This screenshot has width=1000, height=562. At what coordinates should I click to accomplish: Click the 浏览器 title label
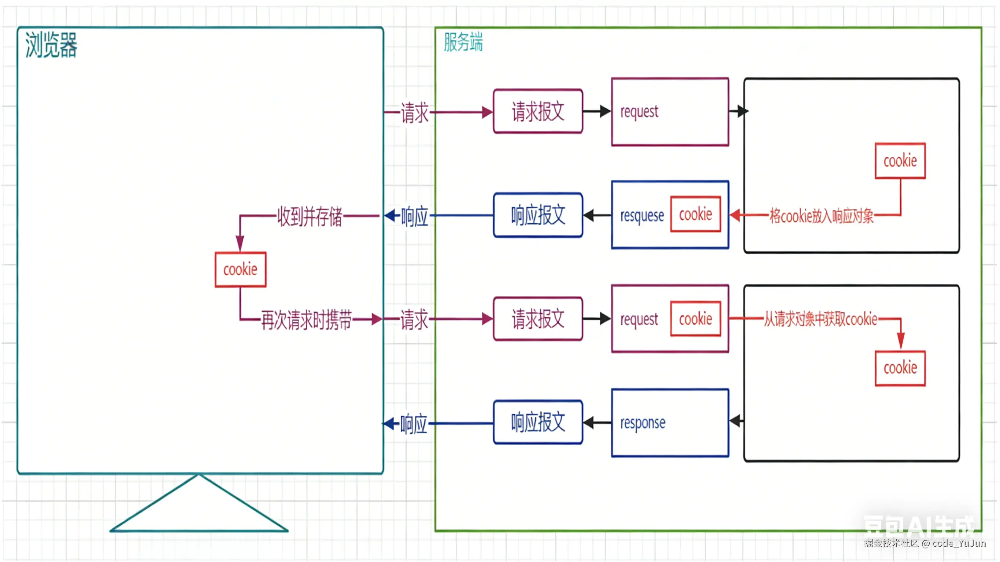pos(51,45)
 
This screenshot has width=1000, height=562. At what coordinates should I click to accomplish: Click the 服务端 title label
pos(463,42)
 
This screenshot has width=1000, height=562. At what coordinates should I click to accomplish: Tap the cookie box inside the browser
pos(240,269)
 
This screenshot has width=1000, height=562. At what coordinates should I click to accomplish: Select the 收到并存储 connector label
pos(310,216)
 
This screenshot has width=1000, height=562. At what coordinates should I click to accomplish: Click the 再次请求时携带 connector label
pos(306,320)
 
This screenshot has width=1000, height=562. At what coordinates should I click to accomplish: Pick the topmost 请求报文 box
pos(538,111)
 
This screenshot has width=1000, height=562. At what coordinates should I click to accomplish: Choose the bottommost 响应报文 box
pos(538,422)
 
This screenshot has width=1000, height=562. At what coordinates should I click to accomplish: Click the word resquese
pos(642,216)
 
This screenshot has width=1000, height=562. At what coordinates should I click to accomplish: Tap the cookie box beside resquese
pos(695,214)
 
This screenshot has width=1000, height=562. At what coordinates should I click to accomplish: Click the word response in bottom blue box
pos(642,423)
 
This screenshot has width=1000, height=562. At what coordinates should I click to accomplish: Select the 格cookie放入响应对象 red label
pos(821,216)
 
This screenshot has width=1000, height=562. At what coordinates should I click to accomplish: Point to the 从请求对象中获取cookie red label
pos(820,319)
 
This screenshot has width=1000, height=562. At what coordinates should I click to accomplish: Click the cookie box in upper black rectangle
pos(900,161)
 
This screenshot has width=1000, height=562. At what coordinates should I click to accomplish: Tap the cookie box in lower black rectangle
pos(900,368)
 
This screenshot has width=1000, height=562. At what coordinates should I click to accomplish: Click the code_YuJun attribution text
pos(959,543)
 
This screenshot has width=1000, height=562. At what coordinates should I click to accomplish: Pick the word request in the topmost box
pos(639,112)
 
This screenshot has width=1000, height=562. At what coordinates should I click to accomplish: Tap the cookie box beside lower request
pos(695,319)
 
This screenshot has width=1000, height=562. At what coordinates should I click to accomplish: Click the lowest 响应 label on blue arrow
pos(414,424)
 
